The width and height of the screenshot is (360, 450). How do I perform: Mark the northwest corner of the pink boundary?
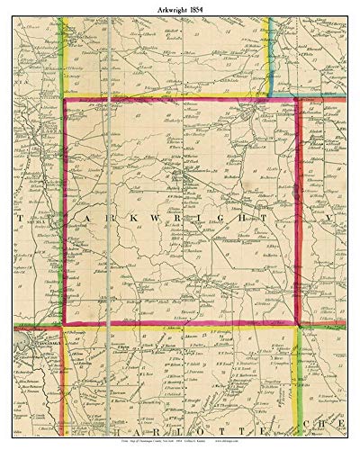tap(64, 101)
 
